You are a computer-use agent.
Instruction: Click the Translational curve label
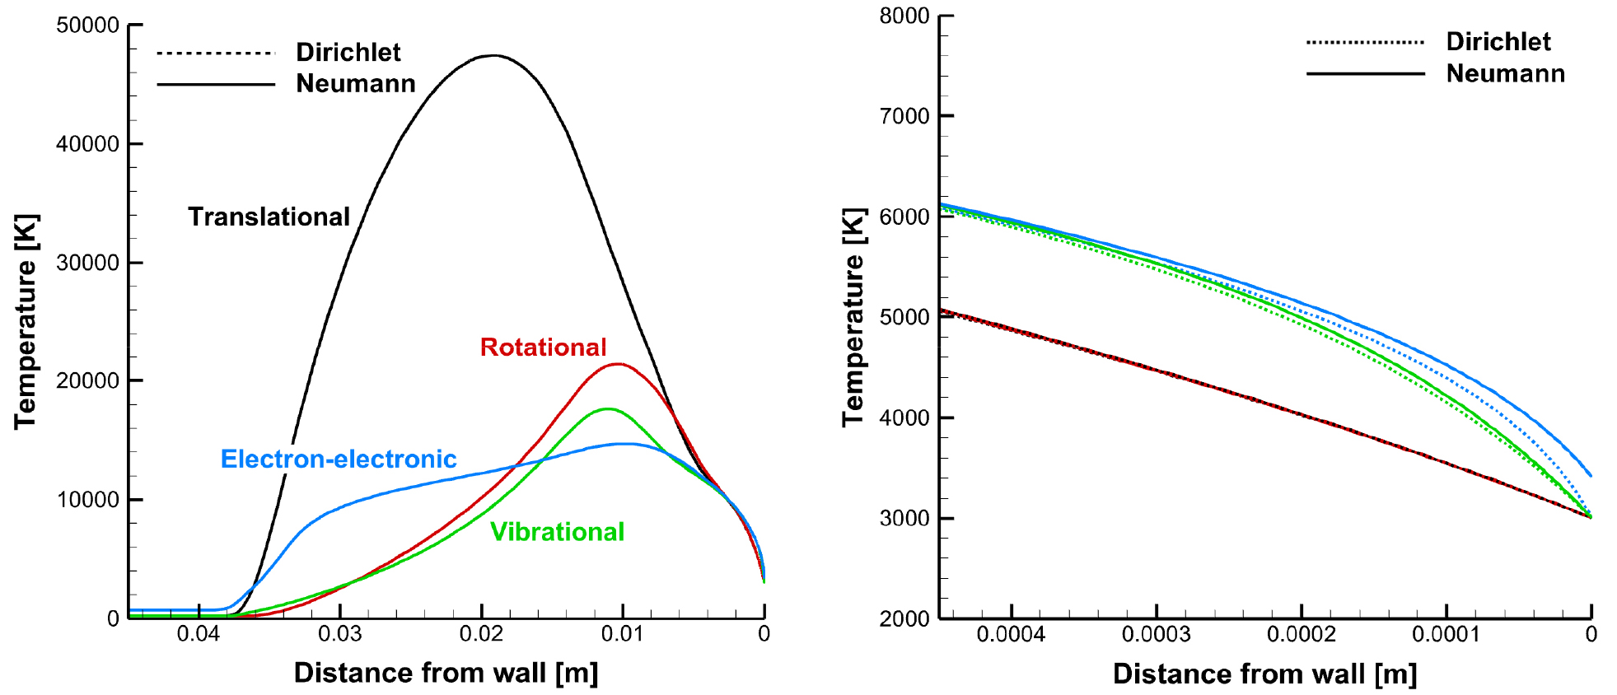(269, 217)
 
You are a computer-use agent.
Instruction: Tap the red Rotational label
(543, 347)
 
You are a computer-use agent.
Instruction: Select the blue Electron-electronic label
(338, 459)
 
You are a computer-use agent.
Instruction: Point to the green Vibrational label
(557, 532)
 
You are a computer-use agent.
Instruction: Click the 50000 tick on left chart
(87, 26)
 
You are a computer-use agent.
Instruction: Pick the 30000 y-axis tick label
(87, 263)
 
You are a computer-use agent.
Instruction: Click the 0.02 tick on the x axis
(481, 633)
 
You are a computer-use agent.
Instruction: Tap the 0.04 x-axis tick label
(199, 633)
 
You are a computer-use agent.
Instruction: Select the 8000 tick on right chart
(904, 16)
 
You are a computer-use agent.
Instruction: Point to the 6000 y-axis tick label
(904, 217)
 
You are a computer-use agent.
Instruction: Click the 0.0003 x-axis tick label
(1156, 634)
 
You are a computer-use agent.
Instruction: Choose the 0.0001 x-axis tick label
(1446, 634)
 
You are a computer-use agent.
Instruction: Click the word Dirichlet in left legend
(348, 53)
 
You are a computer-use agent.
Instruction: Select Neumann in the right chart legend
(1505, 74)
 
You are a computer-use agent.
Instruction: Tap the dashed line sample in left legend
(215, 54)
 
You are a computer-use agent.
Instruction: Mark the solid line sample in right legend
(1365, 74)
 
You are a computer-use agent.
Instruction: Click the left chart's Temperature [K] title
(26, 321)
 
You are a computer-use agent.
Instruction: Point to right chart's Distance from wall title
(1264, 674)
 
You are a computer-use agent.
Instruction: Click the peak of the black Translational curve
(493, 55)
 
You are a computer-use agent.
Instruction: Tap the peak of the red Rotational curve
(618, 364)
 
